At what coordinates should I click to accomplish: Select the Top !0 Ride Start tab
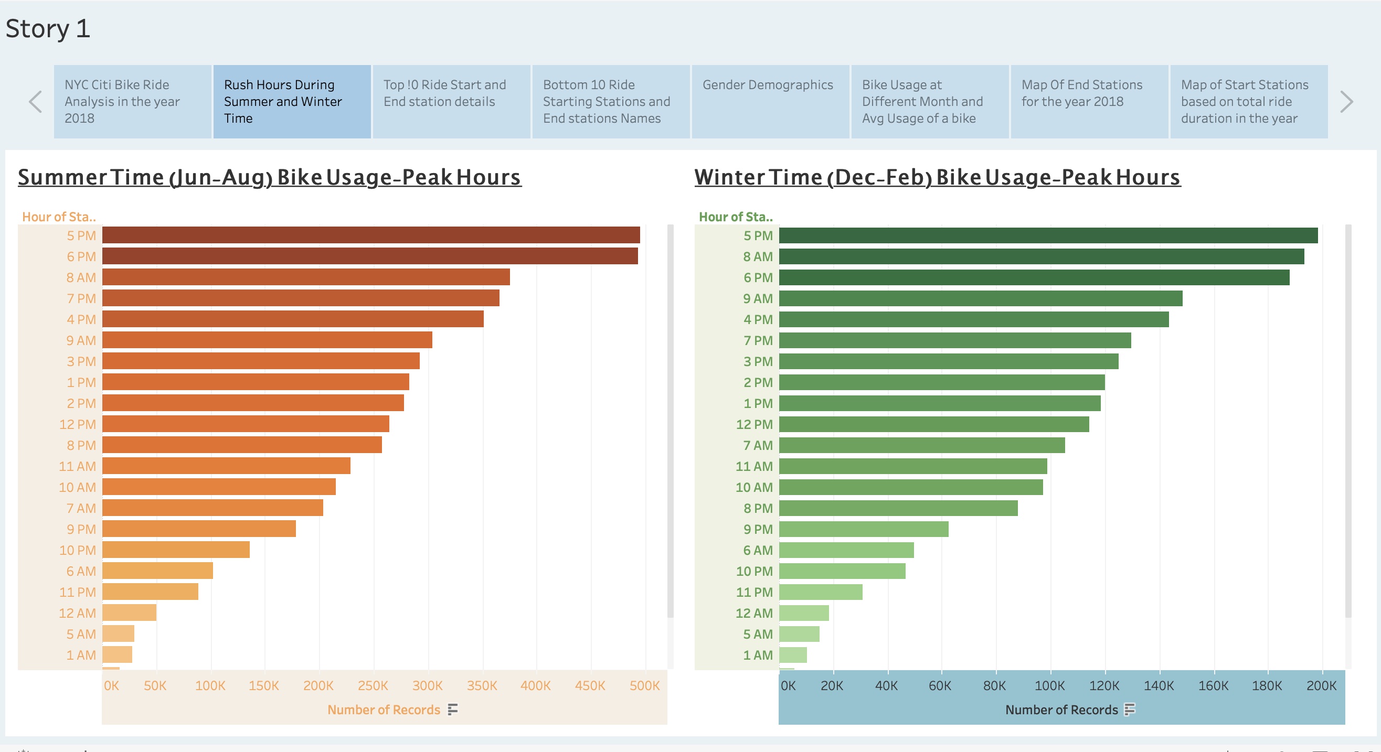451,101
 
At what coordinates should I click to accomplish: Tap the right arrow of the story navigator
1346,102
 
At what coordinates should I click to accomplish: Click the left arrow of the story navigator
35,102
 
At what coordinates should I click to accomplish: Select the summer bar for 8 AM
305,277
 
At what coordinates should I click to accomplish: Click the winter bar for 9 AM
980,298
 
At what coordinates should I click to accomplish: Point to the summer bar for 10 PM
176,550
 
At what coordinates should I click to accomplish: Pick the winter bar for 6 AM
846,550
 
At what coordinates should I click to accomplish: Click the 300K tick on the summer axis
427,685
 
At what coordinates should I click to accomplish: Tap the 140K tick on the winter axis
1159,685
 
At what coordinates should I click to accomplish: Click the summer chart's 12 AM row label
77,613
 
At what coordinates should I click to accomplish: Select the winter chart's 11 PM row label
754,592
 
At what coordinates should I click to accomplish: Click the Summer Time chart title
269,177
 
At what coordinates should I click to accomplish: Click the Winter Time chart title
937,177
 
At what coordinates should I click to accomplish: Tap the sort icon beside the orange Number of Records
453,710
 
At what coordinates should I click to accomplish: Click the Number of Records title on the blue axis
1061,710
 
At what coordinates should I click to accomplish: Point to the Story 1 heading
48,28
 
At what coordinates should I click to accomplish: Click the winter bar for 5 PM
1048,235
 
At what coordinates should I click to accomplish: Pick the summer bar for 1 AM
117,654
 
